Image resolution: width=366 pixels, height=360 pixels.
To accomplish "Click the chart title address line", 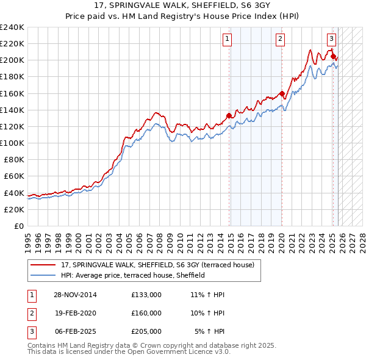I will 183,5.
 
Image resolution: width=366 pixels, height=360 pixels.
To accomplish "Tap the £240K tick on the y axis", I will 12,27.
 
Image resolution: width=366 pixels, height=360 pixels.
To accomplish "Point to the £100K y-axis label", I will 12,143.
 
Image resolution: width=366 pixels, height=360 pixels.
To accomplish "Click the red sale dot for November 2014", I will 229,115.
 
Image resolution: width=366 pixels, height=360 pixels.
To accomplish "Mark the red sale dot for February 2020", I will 282,93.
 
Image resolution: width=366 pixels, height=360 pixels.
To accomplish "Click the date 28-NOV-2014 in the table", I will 75,295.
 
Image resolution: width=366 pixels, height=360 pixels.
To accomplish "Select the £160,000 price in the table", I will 146,312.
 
